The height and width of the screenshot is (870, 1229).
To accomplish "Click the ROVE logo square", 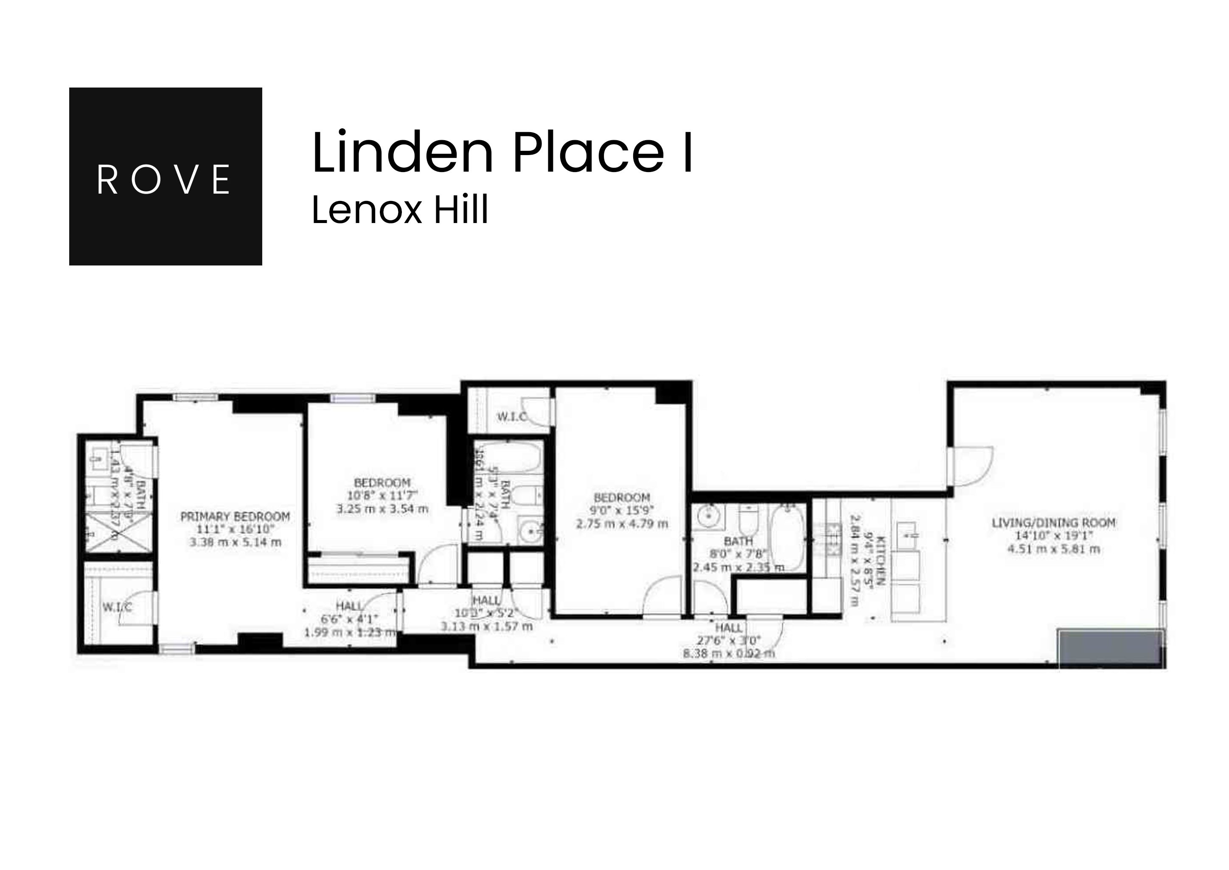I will pyautogui.click(x=166, y=176).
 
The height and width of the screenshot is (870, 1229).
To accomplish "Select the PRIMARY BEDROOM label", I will pyautogui.click(x=235, y=517).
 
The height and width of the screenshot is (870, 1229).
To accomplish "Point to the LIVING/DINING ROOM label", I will pyautogui.click(x=1053, y=523).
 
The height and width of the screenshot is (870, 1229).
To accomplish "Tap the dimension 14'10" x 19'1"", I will pyautogui.click(x=1053, y=536).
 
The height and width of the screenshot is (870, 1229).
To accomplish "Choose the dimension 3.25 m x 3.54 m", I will pyautogui.click(x=382, y=508).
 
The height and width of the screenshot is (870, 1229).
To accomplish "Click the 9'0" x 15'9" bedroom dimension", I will pyautogui.click(x=622, y=510).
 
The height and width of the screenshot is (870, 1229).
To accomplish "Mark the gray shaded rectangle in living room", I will pyautogui.click(x=1111, y=649).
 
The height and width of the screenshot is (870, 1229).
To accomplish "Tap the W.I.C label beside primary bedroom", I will pyautogui.click(x=117, y=607).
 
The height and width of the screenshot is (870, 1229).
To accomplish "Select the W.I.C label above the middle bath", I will pyautogui.click(x=511, y=416).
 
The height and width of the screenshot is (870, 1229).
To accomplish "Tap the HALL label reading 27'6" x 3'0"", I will pyautogui.click(x=729, y=627).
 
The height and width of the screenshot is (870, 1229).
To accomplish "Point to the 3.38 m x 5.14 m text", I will pyautogui.click(x=235, y=542).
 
